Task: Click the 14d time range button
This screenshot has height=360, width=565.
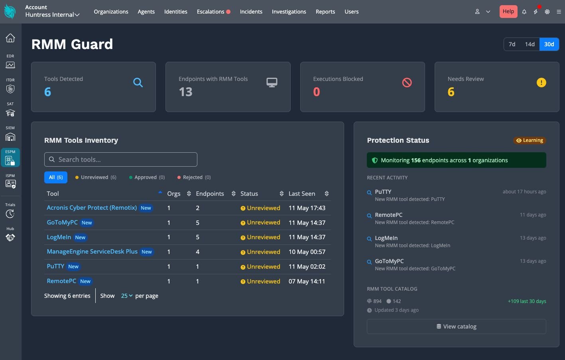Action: pos(530,44)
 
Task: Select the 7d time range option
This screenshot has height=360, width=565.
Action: pos(512,44)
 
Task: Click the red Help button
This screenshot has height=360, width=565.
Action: pos(508,11)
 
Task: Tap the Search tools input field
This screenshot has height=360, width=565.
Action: pos(120,159)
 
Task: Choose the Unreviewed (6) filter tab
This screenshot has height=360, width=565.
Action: pos(96,177)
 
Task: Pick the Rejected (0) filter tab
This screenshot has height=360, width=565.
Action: pos(194,177)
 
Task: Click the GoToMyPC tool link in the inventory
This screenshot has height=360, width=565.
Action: pos(62,222)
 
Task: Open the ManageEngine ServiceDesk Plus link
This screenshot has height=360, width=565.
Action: pos(92,252)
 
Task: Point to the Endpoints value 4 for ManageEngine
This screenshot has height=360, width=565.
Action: pos(197,252)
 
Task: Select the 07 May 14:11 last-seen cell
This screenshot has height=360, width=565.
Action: pos(307,281)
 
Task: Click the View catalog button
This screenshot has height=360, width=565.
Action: pos(456,327)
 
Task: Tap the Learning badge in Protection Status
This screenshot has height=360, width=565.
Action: pos(530,140)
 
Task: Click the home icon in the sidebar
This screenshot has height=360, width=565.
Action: pos(10,38)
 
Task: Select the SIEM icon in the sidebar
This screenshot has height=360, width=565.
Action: pos(10,137)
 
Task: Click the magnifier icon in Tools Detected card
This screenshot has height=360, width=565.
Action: pos(138,83)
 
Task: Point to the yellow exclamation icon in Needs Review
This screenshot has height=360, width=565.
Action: pos(541,83)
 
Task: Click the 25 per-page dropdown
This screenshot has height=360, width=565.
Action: pos(127,296)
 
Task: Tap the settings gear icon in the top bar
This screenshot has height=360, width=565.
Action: pos(547,12)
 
